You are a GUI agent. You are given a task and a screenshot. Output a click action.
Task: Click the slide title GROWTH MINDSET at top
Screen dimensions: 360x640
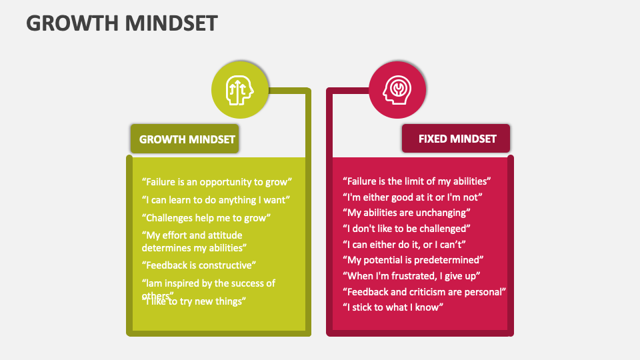point(122,23)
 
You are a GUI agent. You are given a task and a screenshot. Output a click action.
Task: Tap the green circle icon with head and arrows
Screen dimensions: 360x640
point(240,89)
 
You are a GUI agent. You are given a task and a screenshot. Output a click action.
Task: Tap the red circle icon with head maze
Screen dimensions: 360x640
point(397,89)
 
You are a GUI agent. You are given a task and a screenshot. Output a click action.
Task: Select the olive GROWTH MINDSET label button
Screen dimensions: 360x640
point(187,139)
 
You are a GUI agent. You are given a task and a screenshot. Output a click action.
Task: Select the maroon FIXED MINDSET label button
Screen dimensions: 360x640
point(457,139)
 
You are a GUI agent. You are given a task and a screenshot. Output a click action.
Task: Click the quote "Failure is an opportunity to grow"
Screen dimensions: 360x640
point(217,181)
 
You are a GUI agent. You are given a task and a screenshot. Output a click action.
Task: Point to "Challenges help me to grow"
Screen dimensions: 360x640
point(206,217)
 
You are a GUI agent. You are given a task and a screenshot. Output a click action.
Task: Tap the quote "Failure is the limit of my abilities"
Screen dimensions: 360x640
point(417,181)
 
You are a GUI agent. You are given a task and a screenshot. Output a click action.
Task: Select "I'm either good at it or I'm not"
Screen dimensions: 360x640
point(412,197)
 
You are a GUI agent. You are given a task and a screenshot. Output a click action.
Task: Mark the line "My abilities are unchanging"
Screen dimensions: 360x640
point(407,213)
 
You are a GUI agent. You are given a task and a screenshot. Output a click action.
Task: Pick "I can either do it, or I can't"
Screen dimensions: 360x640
point(404,244)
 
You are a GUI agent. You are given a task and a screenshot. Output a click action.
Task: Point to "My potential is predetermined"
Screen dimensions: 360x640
point(413,260)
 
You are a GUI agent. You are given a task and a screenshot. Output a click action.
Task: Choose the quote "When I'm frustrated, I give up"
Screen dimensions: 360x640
point(412,275)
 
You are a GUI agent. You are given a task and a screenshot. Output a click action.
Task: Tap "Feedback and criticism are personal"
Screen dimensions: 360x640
point(424,291)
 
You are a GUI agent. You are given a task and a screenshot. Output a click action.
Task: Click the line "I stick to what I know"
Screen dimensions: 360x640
point(393,307)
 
